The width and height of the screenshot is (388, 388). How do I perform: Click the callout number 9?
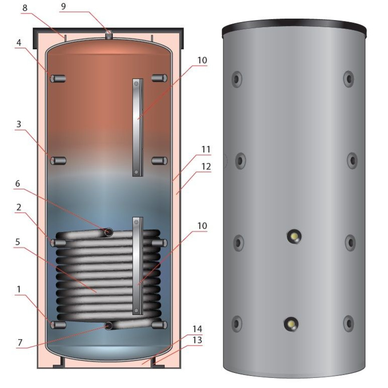point(63,6)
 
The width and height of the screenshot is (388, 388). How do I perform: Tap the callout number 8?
point(25,8)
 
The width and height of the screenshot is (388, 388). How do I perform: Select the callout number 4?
point(19,43)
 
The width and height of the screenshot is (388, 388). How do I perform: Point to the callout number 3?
point(19,124)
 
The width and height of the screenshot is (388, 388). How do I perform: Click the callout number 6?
point(17,184)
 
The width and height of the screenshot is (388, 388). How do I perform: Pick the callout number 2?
point(19,207)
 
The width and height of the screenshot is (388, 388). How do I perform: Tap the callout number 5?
point(17,242)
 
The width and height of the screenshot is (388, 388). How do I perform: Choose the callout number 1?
point(19,289)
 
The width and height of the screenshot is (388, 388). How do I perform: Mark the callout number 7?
point(20,342)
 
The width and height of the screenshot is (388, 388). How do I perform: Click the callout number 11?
point(206,149)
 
